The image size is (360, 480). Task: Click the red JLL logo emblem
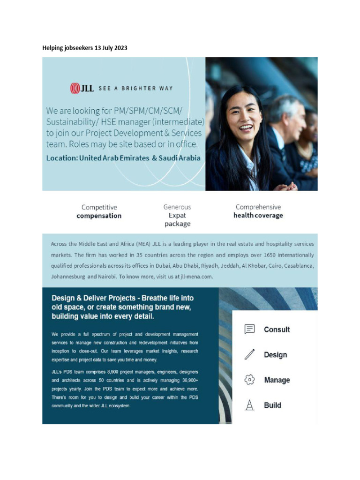[x=75, y=88]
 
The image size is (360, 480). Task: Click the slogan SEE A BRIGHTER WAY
[x=135, y=88]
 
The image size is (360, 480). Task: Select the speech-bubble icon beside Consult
[x=250, y=329]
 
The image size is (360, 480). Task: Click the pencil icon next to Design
[x=250, y=355]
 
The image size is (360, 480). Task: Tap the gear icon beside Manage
[x=250, y=380]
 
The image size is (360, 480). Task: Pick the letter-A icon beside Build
[x=250, y=405]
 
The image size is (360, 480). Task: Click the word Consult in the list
[x=277, y=330]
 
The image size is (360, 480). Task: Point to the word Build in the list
[x=272, y=405]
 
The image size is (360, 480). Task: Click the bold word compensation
[x=99, y=216]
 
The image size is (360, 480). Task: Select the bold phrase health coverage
[x=258, y=216]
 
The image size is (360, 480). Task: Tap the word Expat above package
[x=177, y=216]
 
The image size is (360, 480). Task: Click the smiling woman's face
[x=244, y=117]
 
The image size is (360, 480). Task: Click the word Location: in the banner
[x=62, y=158]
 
